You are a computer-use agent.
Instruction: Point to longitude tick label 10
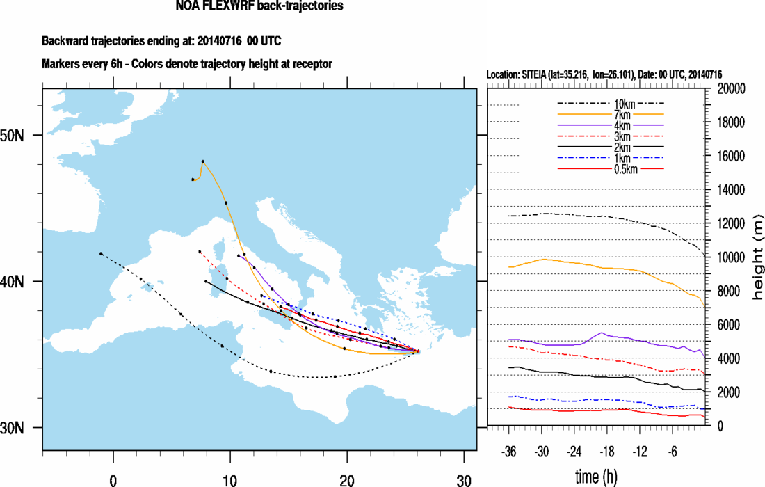click(x=229, y=479)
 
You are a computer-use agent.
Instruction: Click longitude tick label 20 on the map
click(x=346, y=479)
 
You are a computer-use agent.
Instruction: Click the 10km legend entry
click(x=612, y=104)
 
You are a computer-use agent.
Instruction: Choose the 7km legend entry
click(x=612, y=115)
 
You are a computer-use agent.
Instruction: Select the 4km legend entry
click(x=612, y=126)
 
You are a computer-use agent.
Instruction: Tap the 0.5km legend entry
click(x=612, y=170)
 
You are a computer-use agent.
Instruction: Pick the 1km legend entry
click(x=612, y=159)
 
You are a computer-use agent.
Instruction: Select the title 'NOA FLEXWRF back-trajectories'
click(x=260, y=7)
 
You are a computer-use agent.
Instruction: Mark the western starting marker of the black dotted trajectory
click(x=101, y=254)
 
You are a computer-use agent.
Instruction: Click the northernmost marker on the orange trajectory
click(x=203, y=161)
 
